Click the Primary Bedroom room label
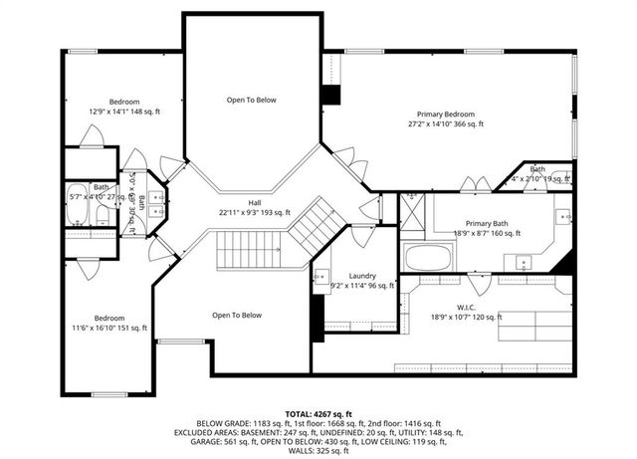pos(446,114)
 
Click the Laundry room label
pos(361,275)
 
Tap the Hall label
pos(254,201)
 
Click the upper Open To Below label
pos(251,100)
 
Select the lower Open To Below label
pos(237,316)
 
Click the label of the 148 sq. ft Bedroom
pos(124,102)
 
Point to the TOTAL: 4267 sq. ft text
pos(318,412)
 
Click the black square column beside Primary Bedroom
pos(330,96)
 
